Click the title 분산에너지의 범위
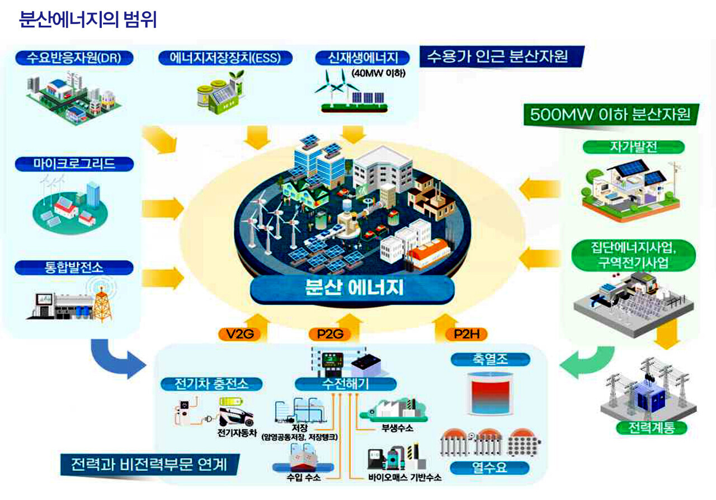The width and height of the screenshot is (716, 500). [x=88, y=20]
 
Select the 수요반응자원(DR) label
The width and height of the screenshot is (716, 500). [x=74, y=57]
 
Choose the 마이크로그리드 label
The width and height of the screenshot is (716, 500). [x=74, y=164]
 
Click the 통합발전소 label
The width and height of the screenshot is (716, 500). [x=74, y=267]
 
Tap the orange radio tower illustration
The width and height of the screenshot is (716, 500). [x=102, y=302]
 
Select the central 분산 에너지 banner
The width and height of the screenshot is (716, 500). [x=352, y=287]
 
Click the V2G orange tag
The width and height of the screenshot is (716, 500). [x=239, y=334]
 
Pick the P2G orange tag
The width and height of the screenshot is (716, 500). [x=329, y=334]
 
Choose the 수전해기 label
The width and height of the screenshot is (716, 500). [x=345, y=384]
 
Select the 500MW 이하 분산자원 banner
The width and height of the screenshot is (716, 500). [x=610, y=115]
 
